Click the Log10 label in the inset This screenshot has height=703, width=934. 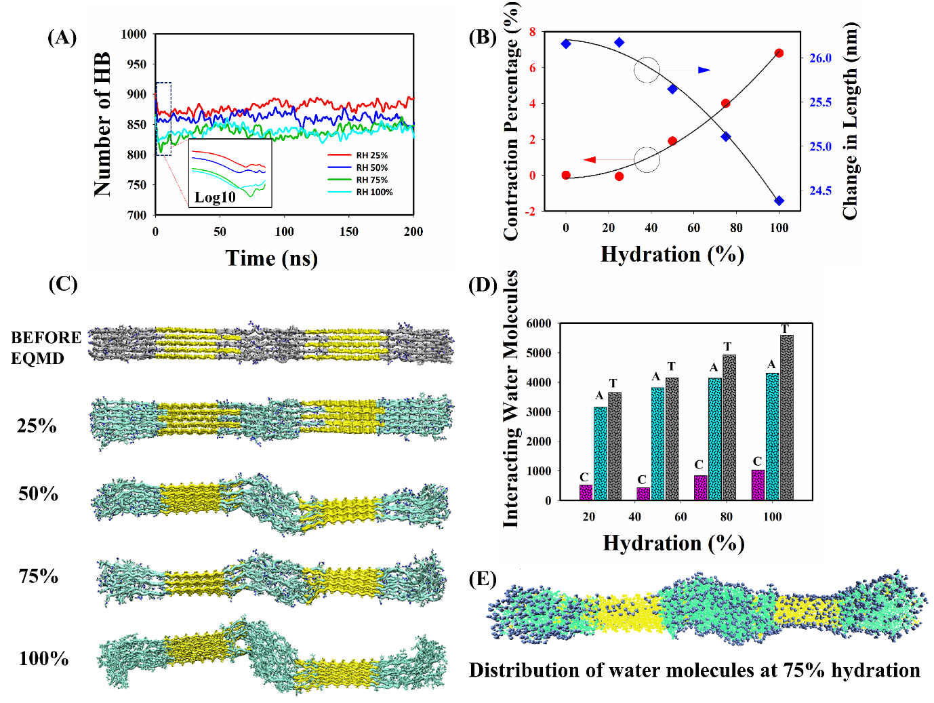[x=215, y=197]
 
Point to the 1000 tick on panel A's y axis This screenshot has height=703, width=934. [x=134, y=34]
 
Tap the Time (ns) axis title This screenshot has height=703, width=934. [x=271, y=258]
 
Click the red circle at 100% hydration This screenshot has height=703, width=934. [x=779, y=53]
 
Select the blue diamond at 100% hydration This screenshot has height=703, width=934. [x=779, y=201]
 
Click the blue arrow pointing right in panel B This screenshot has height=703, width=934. [x=704, y=70]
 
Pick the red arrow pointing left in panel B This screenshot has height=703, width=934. [x=590, y=160]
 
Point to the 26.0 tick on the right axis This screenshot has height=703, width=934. [x=820, y=58]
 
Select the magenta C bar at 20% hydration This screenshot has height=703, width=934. [x=586, y=492]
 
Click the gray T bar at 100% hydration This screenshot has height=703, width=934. [x=786, y=418]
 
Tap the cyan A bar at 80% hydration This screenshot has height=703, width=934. [x=715, y=439]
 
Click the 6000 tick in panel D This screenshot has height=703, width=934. [x=539, y=323]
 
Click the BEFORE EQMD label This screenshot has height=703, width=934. [x=45, y=348]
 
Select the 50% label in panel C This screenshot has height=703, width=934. [x=38, y=494]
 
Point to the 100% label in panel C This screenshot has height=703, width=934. [x=43, y=658]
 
